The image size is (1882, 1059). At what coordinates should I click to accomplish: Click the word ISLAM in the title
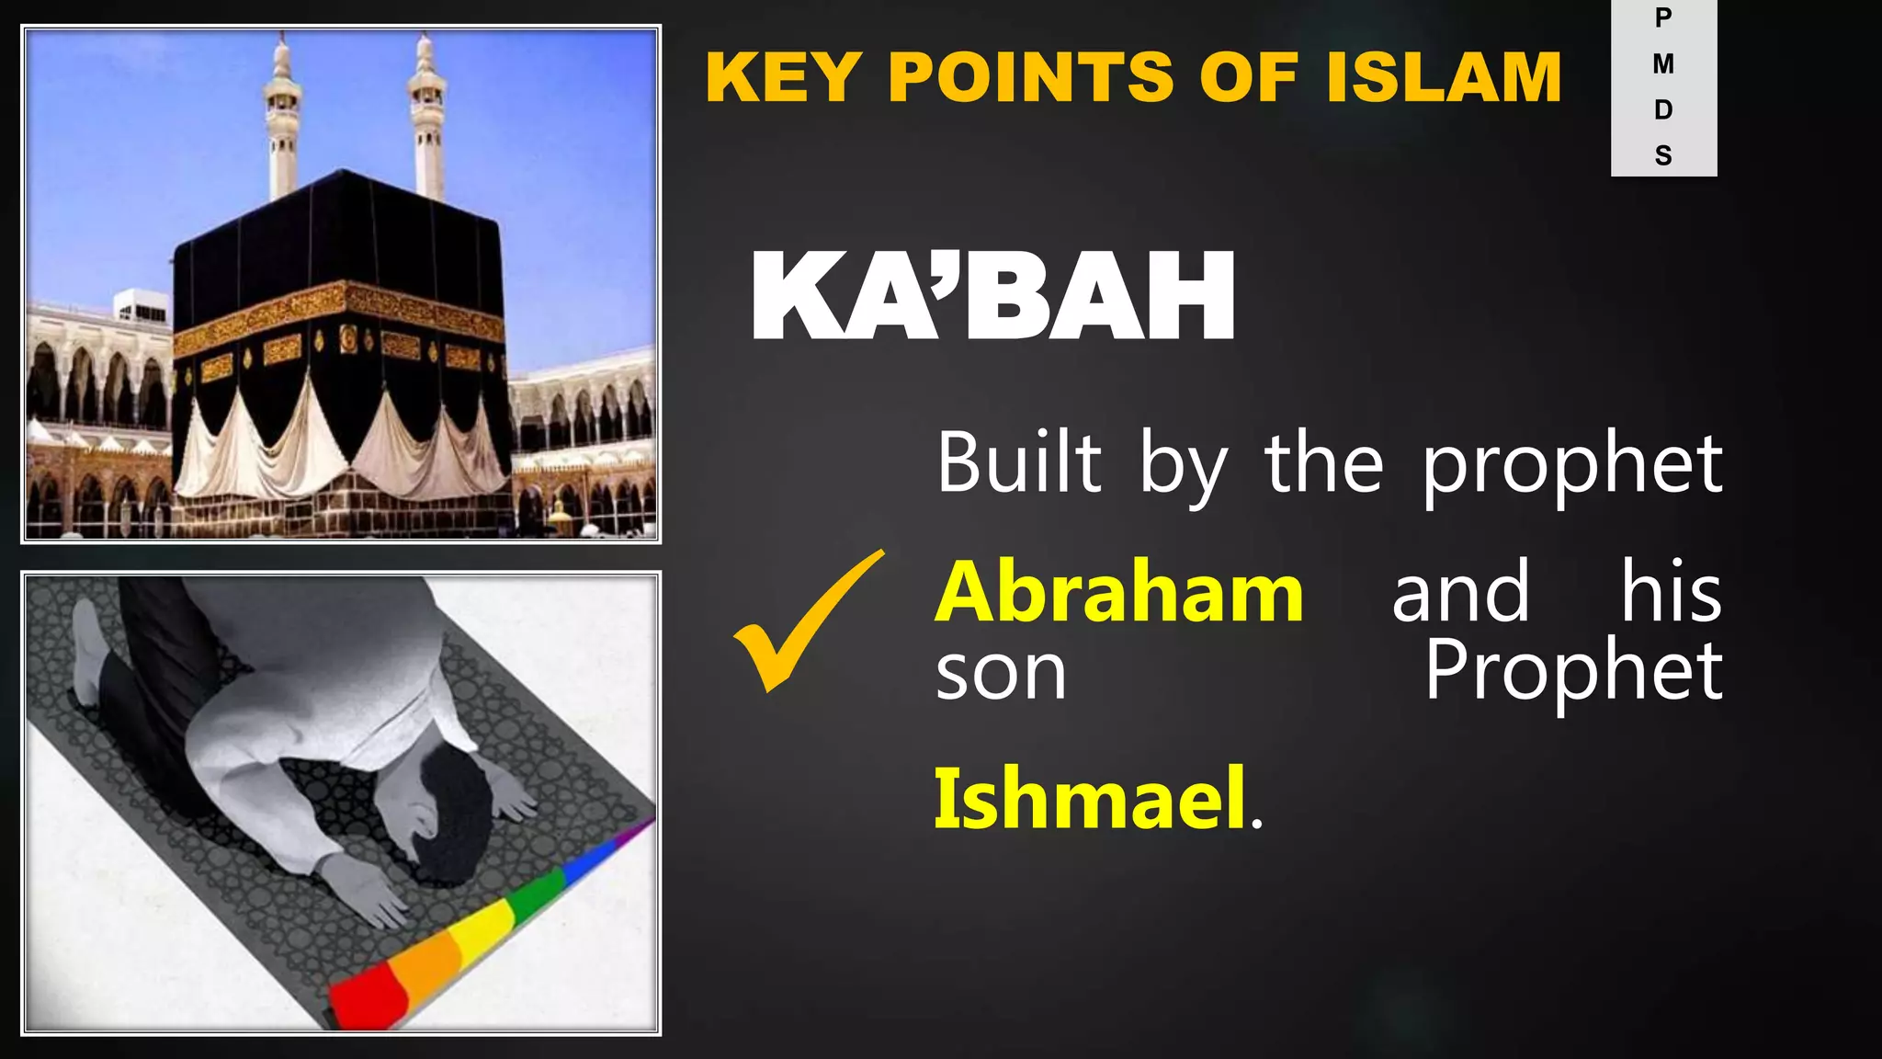[x=1444, y=77]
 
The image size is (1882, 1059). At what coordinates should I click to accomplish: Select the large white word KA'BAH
[x=992, y=297]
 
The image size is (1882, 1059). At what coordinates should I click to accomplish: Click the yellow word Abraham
[x=1118, y=593]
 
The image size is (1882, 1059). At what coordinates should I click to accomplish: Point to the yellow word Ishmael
[x=1090, y=798]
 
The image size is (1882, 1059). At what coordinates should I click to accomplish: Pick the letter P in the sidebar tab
[x=1663, y=18]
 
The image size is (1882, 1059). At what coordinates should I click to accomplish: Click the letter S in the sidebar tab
[x=1663, y=155]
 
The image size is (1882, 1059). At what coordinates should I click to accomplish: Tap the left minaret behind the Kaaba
[x=282, y=120]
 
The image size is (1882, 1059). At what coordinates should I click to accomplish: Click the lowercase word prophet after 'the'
[x=1572, y=464]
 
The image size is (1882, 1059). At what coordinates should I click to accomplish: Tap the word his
[x=1670, y=593]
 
